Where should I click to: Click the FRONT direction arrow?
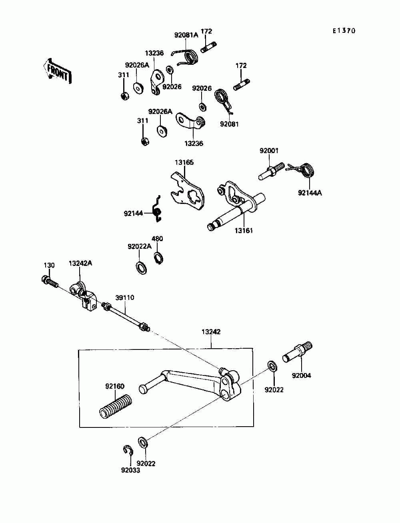point(57,71)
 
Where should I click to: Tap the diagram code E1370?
point(344,31)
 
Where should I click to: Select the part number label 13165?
point(184,162)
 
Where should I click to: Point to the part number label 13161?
point(244,230)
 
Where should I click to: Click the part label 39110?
point(125,297)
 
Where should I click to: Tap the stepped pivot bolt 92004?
point(297,353)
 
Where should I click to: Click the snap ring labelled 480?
point(158,258)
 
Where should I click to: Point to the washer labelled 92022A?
point(141,268)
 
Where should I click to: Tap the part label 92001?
point(269,151)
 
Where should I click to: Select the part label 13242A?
point(80,263)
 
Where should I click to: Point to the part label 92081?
point(229,124)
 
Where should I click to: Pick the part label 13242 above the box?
point(211,331)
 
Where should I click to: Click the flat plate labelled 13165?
point(188,192)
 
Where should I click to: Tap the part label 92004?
point(301,375)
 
